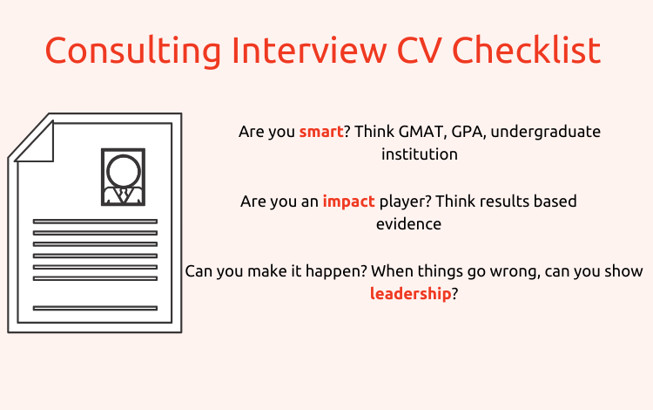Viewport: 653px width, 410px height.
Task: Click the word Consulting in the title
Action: point(133,51)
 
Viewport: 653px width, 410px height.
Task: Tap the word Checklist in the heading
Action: point(527,50)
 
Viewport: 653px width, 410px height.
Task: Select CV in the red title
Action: point(420,51)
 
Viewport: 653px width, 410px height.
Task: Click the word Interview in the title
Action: point(309,50)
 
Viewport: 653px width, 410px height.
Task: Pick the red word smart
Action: point(321,132)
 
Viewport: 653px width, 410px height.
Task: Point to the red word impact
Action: point(349,202)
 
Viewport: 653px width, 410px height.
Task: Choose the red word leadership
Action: point(411,294)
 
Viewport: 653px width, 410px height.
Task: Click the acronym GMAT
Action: point(421,132)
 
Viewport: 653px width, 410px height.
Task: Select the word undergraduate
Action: point(546,133)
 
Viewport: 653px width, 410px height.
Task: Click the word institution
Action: point(420,154)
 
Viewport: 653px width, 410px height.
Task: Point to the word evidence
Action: point(408,224)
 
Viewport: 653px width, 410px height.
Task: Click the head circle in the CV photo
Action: point(124,172)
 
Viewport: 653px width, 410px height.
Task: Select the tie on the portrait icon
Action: point(124,195)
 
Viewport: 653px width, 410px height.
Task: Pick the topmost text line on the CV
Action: point(95,222)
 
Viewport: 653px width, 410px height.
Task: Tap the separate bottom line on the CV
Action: point(95,308)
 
